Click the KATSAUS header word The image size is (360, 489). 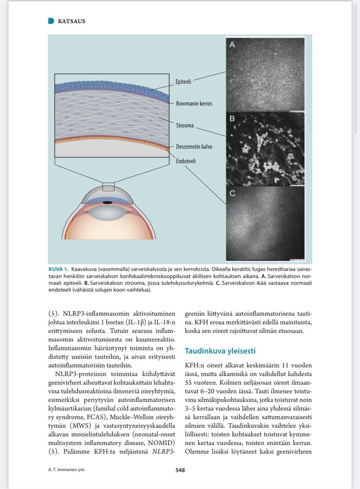click(72, 21)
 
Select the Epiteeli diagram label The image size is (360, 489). click(184, 81)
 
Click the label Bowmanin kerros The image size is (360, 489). click(194, 104)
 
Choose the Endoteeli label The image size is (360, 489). click(186, 161)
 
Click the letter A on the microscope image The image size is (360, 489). click(232, 45)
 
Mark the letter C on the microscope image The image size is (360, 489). click(232, 194)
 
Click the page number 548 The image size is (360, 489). click(180, 470)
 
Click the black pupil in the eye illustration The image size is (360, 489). click(108, 203)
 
